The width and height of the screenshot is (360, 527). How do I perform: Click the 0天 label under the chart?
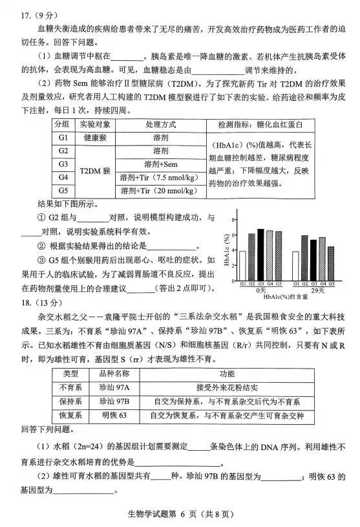point(260,291)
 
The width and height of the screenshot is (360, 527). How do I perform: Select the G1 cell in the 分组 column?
point(63,138)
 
